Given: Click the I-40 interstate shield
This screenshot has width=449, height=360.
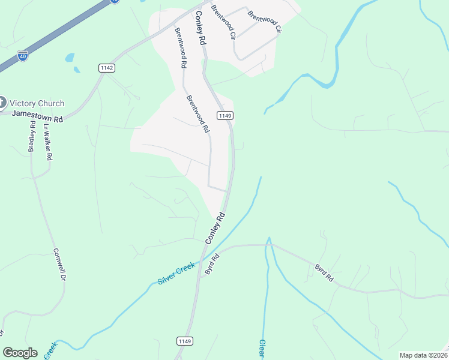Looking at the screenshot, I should tap(22, 55).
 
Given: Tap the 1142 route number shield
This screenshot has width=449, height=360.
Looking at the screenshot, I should tap(107, 68).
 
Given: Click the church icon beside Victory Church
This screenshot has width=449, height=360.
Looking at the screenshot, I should tap(2, 102).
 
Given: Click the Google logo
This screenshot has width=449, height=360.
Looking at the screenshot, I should tap(20, 353).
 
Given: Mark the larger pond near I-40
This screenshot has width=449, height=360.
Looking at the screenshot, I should tap(70, 58).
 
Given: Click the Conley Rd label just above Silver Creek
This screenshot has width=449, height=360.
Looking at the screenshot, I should tap(215, 228).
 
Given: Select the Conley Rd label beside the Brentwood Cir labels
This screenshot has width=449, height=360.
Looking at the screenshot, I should tap(200, 28).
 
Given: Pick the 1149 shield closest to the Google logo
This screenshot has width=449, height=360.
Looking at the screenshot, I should tap(185, 341).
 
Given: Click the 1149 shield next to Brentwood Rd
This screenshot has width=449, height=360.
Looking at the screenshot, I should tap(224, 115).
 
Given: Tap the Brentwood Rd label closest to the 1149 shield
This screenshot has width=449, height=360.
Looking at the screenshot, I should tap(197, 114).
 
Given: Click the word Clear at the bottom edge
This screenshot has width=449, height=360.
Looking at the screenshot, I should tap(262, 350).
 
